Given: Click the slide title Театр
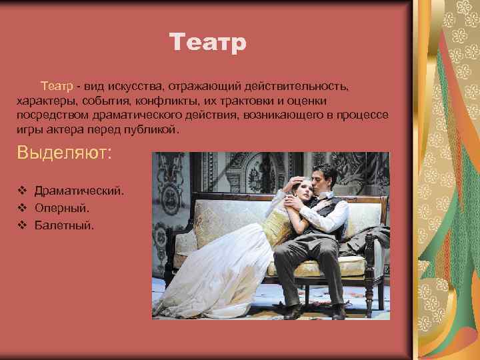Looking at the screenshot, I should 208,43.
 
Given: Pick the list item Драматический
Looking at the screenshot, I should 79,191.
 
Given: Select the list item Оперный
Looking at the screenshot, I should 62,208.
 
